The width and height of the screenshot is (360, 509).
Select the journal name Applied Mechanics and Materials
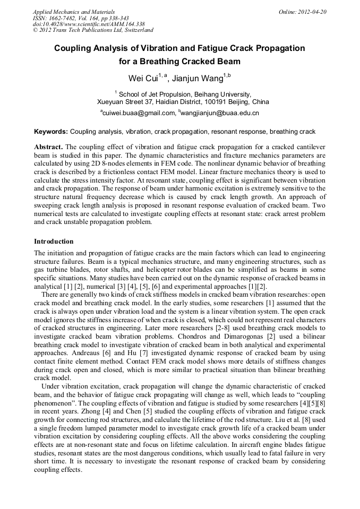[x=74, y=12]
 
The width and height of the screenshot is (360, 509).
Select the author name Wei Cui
[x=143, y=79]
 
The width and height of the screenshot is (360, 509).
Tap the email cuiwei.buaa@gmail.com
[x=139, y=113]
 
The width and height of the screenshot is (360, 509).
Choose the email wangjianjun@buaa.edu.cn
[x=220, y=113]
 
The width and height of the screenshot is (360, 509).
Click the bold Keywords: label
[x=51, y=132]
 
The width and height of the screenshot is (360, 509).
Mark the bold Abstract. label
[x=48, y=146]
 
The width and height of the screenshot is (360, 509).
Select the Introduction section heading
[x=54, y=241]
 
